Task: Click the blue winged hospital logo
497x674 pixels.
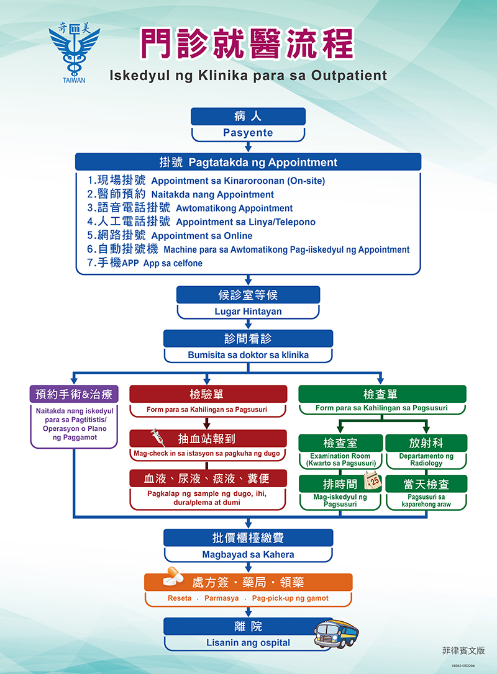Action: click(74, 53)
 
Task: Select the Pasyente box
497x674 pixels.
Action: click(248, 133)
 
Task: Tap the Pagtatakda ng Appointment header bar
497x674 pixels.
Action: click(248, 163)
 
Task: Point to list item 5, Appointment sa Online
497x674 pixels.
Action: click(201, 236)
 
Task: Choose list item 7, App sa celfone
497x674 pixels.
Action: click(172, 263)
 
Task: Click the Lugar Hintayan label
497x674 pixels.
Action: click(248, 312)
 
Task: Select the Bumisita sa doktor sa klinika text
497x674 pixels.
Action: click(248, 356)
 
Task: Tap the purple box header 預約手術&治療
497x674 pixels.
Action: click(73, 394)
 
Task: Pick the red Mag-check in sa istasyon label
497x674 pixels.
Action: click(207, 454)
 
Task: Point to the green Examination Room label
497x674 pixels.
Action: click(340, 460)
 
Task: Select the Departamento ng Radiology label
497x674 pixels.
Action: click(426, 460)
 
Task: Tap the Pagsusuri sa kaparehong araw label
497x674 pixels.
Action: click(426, 501)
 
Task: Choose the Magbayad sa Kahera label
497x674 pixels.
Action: click(248, 554)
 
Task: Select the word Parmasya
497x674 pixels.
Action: click(221, 598)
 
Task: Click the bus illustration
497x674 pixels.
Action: click(336, 633)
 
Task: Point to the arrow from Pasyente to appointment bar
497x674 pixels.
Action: click(248, 147)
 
